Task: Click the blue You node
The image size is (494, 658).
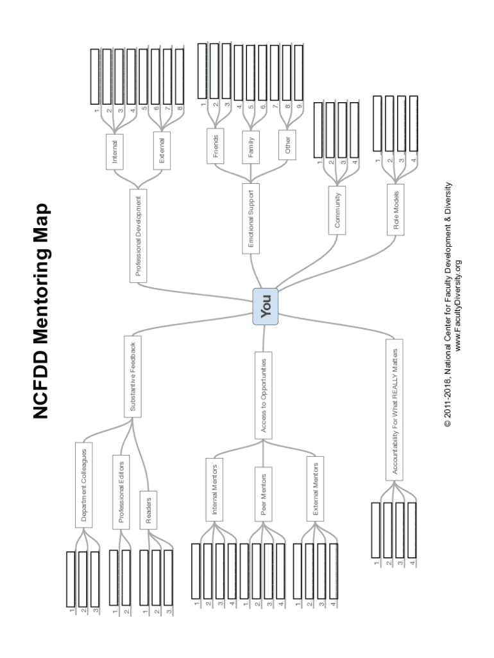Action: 266,304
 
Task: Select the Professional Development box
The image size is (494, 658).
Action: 139,235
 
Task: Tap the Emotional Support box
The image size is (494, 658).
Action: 251,218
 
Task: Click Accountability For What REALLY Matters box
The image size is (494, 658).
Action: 396,413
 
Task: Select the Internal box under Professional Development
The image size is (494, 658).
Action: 115,152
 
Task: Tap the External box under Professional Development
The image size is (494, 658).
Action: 162,152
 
